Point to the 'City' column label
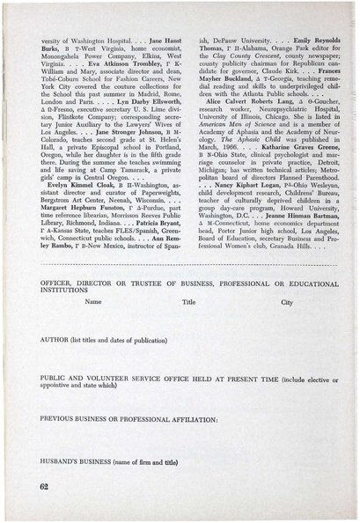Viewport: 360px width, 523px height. (285, 301)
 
